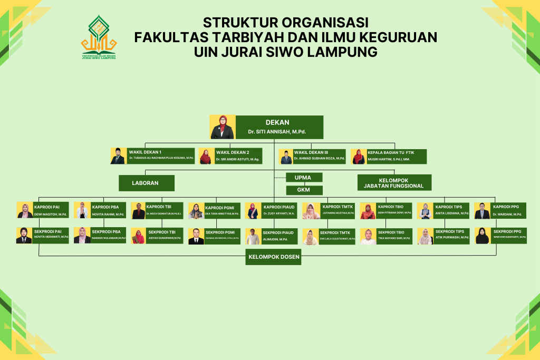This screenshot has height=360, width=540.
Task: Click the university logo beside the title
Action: (x=99, y=37)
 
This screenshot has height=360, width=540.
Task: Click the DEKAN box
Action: (x=278, y=127)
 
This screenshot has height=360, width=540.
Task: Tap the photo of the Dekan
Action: (x=222, y=127)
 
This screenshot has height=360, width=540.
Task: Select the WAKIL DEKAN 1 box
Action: (x=161, y=156)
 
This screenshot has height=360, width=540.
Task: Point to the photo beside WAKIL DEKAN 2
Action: (x=206, y=157)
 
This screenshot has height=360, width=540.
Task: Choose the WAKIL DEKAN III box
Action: (x=319, y=156)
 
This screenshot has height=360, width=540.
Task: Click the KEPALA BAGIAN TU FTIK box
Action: (x=396, y=156)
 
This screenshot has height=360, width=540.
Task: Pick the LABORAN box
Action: (x=146, y=183)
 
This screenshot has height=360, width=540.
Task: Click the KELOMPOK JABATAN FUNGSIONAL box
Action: (x=394, y=182)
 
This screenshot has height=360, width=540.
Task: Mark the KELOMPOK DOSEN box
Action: (x=273, y=257)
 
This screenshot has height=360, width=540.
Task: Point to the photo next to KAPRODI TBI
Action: (x=138, y=211)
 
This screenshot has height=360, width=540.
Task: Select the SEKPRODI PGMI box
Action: (x=222, y=236)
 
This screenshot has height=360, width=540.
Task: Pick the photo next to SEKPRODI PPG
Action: (x=482, y=236)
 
